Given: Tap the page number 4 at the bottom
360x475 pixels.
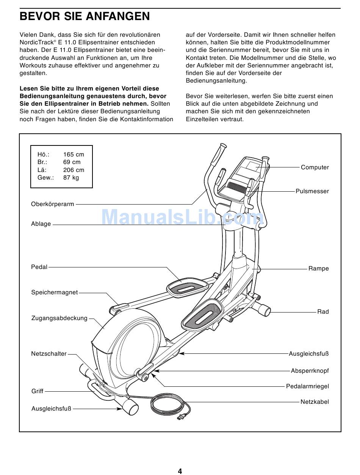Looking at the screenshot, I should [180, 471].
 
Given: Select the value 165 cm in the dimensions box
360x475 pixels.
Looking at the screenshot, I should [74, 155].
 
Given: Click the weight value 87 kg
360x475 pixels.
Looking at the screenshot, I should [71, 177].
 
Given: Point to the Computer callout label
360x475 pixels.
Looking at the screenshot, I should [315, 167].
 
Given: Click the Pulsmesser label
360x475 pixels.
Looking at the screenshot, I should [312, 191].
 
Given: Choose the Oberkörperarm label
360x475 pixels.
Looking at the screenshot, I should [52, 204].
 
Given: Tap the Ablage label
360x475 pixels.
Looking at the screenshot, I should [41, 224].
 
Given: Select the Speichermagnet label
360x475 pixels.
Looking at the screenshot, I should [54, 292].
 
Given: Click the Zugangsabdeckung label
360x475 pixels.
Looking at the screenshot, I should [59, 318].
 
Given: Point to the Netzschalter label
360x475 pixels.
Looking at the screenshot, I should [49, 354].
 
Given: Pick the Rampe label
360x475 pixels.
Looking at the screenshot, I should [318, 269].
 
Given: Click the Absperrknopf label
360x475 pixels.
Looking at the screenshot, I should [310, 371].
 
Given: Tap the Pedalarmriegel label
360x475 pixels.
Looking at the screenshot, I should [307, 386].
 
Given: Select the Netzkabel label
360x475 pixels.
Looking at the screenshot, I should [315, 402].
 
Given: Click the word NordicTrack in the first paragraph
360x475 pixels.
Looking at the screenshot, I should [36, 42].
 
